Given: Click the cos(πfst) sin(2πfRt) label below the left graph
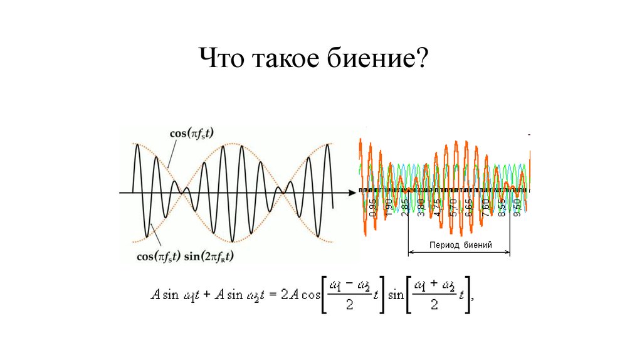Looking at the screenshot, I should pos(189,255).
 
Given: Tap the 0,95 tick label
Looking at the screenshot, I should pos(373,208).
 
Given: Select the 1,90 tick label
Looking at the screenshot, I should pos(389,208).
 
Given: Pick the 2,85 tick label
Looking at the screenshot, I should pos(406,208).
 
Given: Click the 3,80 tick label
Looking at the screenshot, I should pos(421,208).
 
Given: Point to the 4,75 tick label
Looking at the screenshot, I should pos(438,208).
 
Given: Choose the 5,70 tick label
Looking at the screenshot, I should pos(454,208).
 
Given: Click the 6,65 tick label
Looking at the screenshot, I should pos(470,208).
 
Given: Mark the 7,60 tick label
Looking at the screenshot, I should pos(486,208).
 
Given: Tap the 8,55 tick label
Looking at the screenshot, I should pos(502,208).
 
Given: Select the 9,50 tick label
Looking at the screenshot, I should pos(517,208).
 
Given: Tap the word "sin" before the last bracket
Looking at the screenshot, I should pos(396,294).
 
